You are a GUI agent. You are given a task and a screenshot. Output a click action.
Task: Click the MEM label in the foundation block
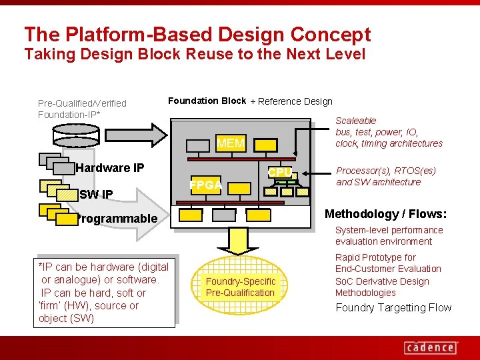(231, 143)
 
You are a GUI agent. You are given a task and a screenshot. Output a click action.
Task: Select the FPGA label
(205, 185)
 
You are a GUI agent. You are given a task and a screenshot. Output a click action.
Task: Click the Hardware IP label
(110, 167)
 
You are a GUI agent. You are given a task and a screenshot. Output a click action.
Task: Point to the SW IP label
(96, 195)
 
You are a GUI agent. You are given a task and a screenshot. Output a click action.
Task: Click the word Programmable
(117, 219)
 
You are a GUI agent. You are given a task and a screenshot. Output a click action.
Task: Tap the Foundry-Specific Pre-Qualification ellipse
(240, 287)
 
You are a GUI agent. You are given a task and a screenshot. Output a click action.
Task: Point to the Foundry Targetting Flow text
(393, 307)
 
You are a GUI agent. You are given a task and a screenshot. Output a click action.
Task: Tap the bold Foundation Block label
(207, 101)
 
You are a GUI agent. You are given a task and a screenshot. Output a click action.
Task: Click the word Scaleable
(355, 121)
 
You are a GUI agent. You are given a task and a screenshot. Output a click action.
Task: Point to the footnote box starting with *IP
(103, 293)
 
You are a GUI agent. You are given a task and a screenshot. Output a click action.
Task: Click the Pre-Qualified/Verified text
(82, 103)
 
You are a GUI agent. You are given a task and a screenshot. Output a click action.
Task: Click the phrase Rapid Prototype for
(375, 257)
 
